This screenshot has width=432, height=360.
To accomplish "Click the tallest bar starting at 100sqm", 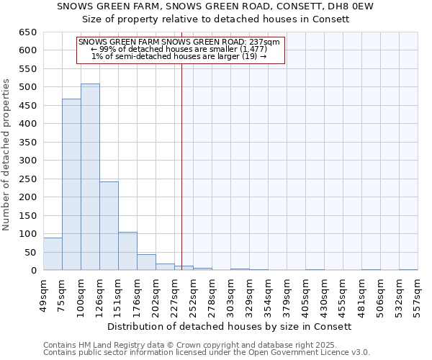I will [90, 177].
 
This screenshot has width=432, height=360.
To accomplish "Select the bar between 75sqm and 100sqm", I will [71, 184].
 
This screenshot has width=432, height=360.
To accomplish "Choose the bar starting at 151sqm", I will [127, 251].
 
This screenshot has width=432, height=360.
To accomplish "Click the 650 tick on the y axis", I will [27, 32].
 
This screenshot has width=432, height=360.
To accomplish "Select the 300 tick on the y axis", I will [27, 161].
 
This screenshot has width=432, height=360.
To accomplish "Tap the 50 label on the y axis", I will [30, 253].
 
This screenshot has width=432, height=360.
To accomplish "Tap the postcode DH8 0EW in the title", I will [359, 6].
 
